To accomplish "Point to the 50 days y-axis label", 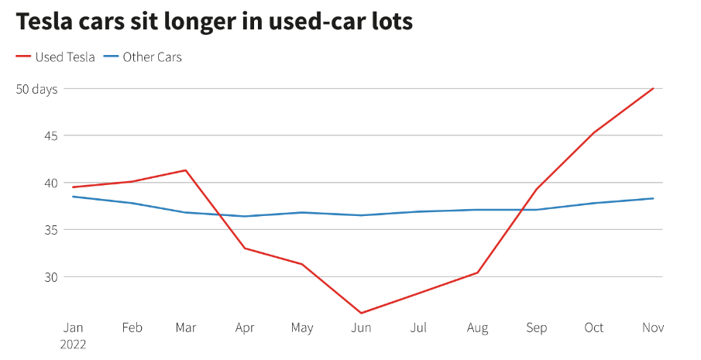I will [37, 89].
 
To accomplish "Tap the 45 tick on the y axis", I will [50, 136].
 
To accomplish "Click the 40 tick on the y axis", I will [50, 183].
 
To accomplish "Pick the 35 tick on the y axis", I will [50, 230].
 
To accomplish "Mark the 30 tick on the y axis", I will [50, 277].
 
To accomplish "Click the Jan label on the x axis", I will [73, 327].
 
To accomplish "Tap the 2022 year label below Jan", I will [73, 344].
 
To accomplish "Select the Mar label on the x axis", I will [186, 327].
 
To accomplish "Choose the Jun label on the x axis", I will [361, 327].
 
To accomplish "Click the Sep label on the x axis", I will [536, 327].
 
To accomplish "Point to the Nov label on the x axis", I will [653, 327].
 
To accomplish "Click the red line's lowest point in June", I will [361, 313].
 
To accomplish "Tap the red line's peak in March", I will [186, 170].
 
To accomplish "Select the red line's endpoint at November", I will [653, 88].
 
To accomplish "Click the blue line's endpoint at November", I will [653, 198].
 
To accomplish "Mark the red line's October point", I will [594, 132].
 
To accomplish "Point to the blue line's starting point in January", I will [73, 197].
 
